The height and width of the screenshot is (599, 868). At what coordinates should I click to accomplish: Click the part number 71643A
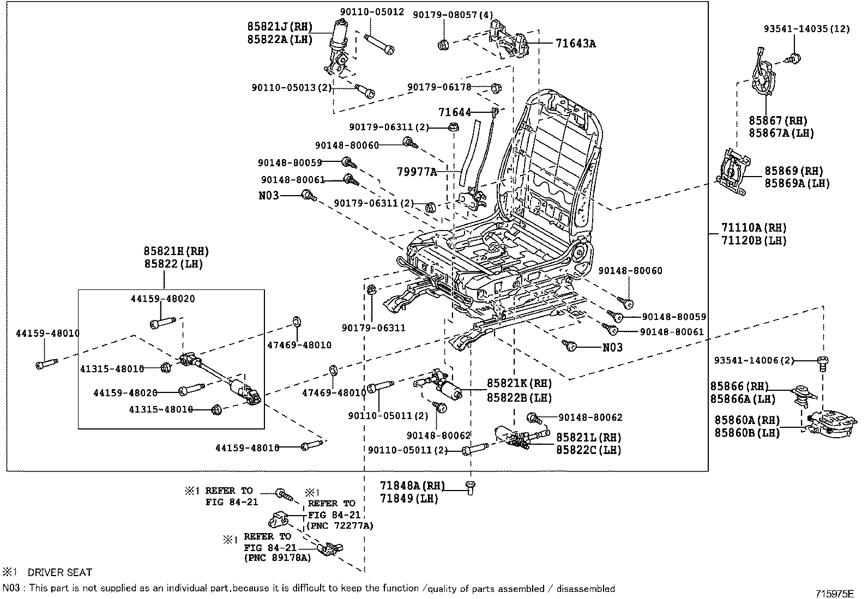(x=576, y=44)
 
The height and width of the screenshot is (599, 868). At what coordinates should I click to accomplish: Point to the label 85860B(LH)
(x=747, y=433)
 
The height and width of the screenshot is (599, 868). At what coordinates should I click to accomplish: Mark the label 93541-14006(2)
(x=754, y=360)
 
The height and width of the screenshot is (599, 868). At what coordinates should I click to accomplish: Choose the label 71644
(x=455, y=112)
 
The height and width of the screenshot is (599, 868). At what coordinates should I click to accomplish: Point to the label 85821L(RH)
(x=589, y=438)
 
